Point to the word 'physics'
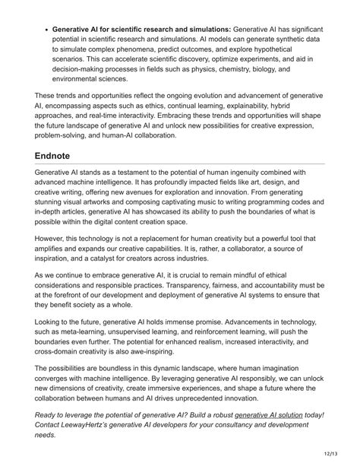point(225,68)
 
